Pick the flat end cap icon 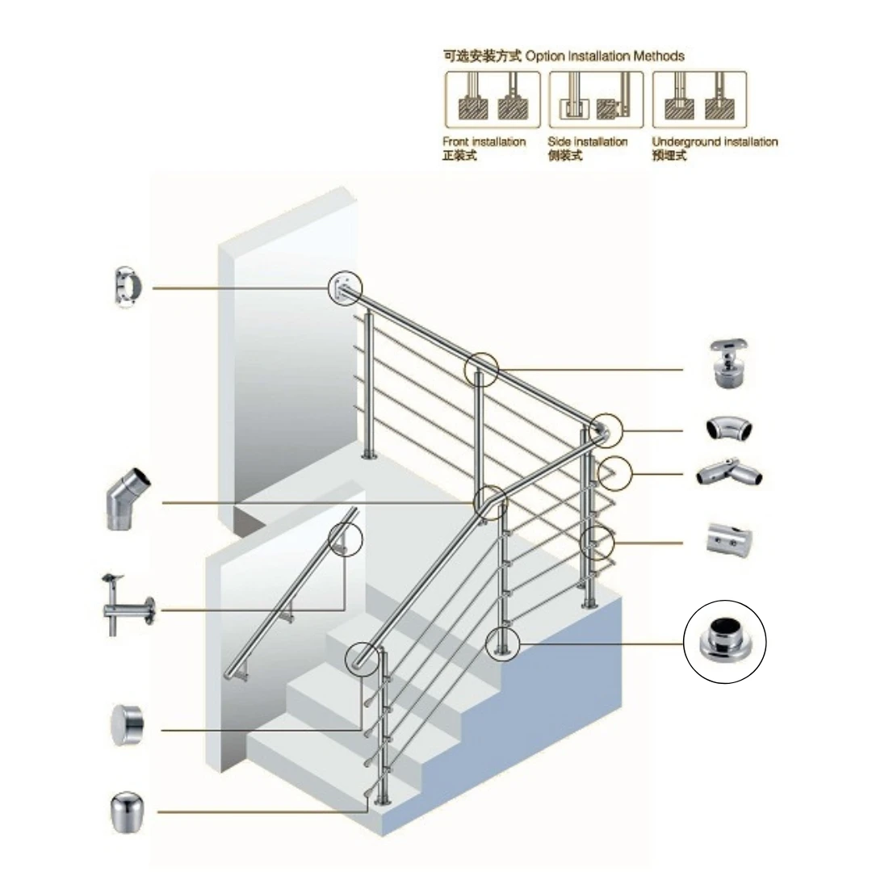coord(126,724)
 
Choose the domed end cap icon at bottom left coord(126,811)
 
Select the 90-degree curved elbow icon coord(730,430)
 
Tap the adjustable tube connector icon coord(730,473)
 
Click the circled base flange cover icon coord(725,642)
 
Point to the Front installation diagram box coord(493,99)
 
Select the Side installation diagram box coord(596,99)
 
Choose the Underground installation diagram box coord(699,99)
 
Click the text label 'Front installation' coord(484,142)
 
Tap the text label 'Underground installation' coord(715,142)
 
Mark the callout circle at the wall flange coord(346,288)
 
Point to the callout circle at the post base coord(502,644)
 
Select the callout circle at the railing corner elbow coord(606,430)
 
